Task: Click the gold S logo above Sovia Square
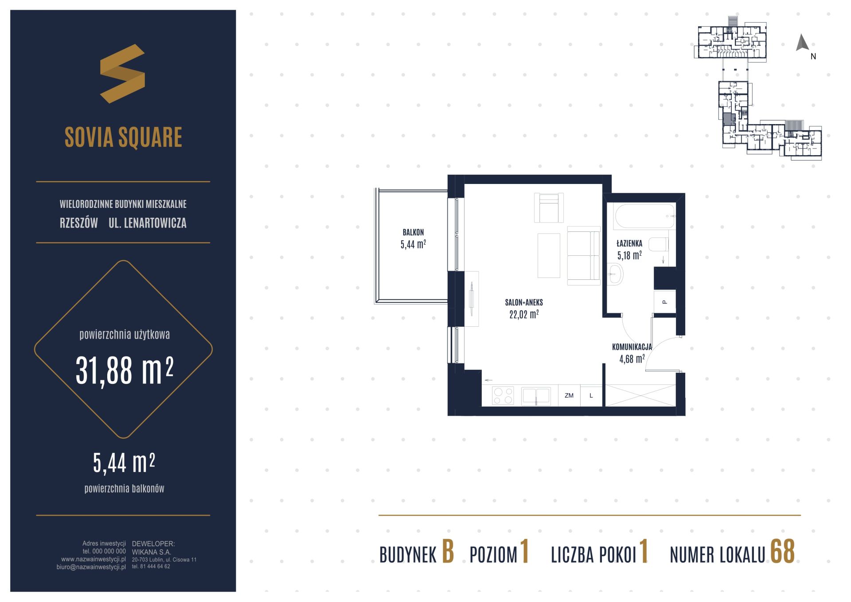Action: click(122, 74)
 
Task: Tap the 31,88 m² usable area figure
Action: click(125, 370)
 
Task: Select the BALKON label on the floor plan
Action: click(413, 232)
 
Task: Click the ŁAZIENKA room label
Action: click(629, 243)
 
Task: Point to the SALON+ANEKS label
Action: click(524, 303)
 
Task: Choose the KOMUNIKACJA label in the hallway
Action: click(632, 347)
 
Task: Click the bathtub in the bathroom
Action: click(645, 216)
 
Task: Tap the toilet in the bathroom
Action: click(658, 244)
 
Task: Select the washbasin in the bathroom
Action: click(615, 274)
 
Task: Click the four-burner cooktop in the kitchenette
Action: click(503, 396)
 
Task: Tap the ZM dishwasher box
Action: click(569, 395)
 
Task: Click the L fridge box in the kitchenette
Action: click(591, 395)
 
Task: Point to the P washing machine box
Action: click(665, 302)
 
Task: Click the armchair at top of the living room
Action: click(549, 207)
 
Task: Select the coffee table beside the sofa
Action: click(549, 255)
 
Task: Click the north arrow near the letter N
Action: click(802, 43)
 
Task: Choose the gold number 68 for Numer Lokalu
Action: click(782, 552)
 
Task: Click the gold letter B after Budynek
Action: click(448, 552)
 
